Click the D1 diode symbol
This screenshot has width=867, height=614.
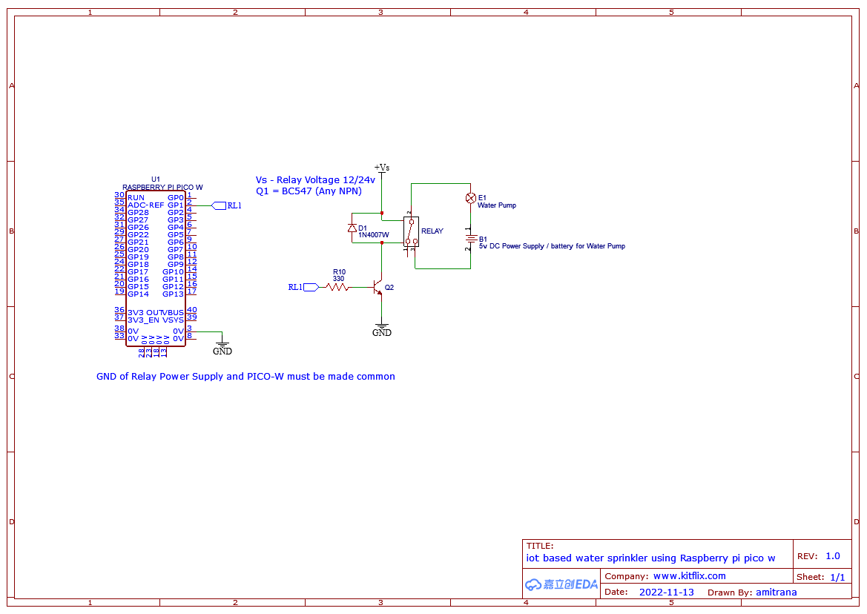coord(352,228)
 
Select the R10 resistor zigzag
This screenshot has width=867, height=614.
coord(337,287)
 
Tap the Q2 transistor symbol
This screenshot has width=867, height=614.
coord(378,287)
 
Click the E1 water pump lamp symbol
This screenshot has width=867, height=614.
coord(470,198)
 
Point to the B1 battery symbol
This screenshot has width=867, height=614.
coord(470,240)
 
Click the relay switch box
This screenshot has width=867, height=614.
coord(411,231)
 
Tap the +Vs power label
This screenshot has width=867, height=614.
coord(381,168)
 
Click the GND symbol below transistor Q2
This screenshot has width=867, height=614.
coord(382,329)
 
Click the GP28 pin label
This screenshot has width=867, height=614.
coord(138,213)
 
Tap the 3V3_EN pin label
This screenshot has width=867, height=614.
coord(143,320)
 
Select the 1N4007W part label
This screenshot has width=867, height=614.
coord(373,236)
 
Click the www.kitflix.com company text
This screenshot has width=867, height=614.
coord(689,576)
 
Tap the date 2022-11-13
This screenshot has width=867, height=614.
coord(666,592)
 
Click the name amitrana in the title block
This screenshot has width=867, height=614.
coord(777,592)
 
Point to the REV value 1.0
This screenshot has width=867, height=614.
coord(832,556)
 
